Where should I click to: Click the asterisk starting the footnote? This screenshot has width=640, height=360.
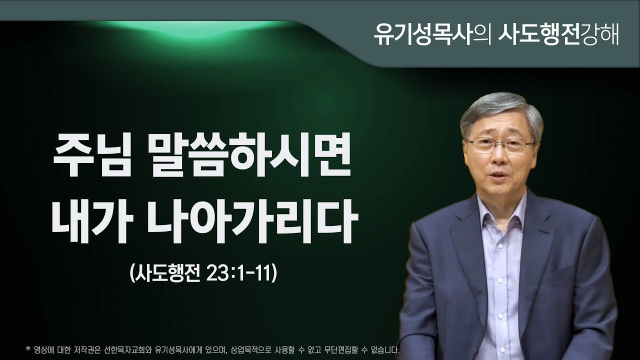27,347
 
